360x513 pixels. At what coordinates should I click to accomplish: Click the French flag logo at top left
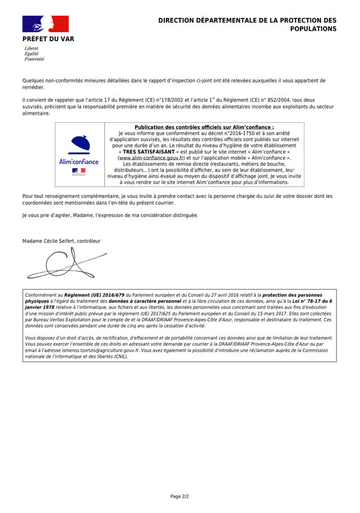point(45,24)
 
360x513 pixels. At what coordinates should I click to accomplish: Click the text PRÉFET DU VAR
point(48,39)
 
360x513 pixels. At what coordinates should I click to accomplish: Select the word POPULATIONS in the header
point(313,29)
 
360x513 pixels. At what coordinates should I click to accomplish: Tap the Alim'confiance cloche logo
point(78,145)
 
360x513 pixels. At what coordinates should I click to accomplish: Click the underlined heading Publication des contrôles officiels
point(204,127)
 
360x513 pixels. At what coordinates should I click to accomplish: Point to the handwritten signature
point(62,263)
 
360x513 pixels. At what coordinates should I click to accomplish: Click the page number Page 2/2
point(179,496)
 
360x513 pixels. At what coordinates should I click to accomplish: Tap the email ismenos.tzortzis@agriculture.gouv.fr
point(96,349)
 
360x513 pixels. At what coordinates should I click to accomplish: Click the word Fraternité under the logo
point(34,59)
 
